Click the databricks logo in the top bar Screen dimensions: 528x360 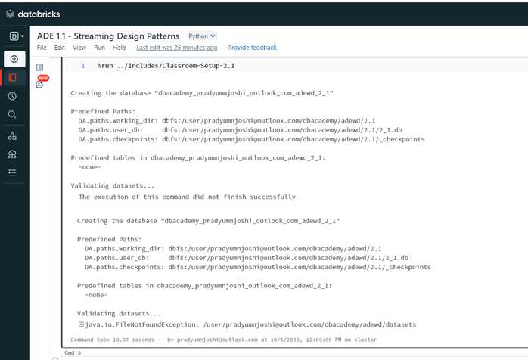[33, 14]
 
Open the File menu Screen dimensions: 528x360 [42, 48]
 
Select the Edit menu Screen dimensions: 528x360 [60, 48]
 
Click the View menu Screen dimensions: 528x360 [79, 48]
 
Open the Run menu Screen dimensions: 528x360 [99, 48]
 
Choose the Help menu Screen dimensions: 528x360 [120, 48]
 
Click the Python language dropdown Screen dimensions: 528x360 [202, 36]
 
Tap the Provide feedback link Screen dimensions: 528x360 [252, 48]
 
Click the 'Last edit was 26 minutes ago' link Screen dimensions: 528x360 [177, 48]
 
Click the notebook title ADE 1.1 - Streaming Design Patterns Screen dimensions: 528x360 [108, 36]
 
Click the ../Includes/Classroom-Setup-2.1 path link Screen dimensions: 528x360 [175, 66]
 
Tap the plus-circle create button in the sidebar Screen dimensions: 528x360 [14, 59]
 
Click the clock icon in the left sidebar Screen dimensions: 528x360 [12, 96]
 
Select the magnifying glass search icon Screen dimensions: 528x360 [12, 114]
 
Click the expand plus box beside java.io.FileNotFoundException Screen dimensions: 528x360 [81, 324]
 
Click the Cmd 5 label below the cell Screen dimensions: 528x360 [73, 352]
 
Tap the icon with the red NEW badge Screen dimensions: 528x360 [40, 82]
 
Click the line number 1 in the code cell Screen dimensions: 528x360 [83, 66]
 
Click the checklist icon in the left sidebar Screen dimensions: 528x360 [12, 172]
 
